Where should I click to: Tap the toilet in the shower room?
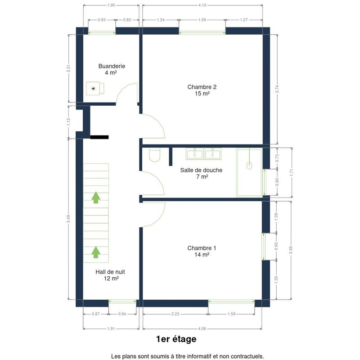pyautogui.click(x=154, y=154)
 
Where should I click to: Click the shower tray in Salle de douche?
pyautogui.click(x=249, y=173)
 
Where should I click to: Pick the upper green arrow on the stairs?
pyautogui.click(x=96, y=198)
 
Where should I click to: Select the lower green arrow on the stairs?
pyautogui.click(x=96, y=252)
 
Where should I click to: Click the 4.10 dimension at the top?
pyautogui.click(x=202, y=5)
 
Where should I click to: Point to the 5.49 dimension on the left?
pyautogui.click(x=68, y=219)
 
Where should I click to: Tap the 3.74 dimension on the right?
pyautogui.click(x=277, y=89)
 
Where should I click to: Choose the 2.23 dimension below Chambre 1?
pyautogui.click(x=175, y=314)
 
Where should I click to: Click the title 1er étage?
pyautogui.click(x=176, y=339)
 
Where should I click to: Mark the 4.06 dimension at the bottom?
pyautogui.click(x=202, y=328)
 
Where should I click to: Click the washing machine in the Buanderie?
pyautogui.click(x=95, y=88)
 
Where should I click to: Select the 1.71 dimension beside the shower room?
pyautogui.click(x=292, y=172)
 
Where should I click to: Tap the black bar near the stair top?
pyautogui.click(x=99, y=137)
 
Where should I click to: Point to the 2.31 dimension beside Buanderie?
pyautogui.click(x=68, y=68)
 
